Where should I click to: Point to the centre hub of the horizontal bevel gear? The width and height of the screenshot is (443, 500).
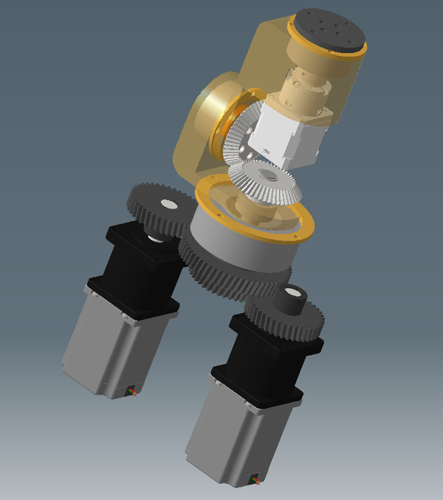click(x=269, y=175)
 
